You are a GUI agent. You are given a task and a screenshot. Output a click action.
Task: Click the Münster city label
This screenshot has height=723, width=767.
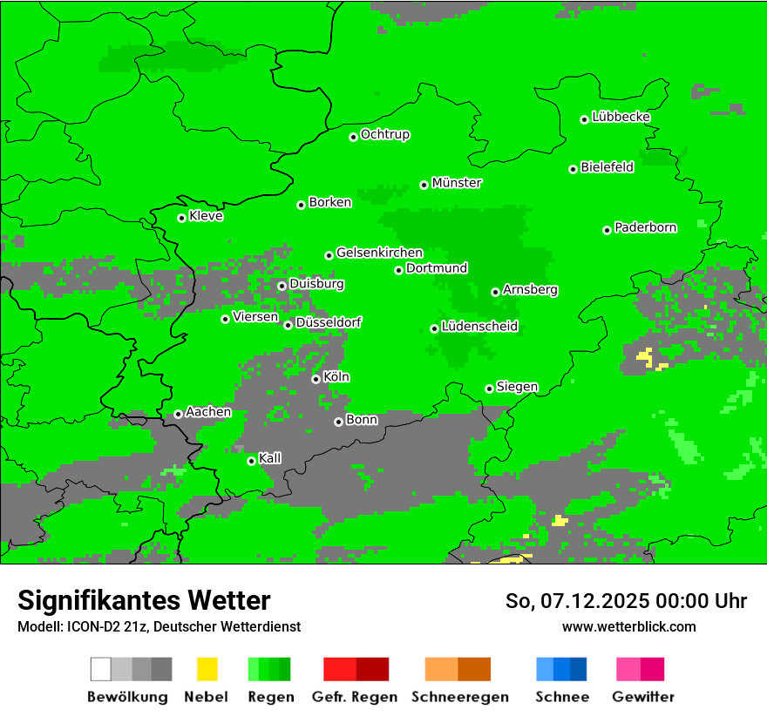pos(457,183)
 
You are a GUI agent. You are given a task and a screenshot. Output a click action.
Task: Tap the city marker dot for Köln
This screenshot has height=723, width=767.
pos(316,379)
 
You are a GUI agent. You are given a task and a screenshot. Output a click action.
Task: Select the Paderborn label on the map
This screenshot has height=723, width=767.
pos(646,227)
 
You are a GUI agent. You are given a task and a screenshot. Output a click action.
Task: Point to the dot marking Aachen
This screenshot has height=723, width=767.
pos(179,414)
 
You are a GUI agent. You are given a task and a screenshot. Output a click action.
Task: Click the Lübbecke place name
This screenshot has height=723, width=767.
pos(621,117)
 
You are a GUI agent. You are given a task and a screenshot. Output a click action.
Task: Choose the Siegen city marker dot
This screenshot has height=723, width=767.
pos(490,389)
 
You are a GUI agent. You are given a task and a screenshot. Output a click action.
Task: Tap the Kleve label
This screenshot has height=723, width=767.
pos(207,216)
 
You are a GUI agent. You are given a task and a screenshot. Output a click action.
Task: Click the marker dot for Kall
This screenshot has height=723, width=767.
pos(252,461)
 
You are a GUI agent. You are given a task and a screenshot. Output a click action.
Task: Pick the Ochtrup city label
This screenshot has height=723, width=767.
pos(385,134)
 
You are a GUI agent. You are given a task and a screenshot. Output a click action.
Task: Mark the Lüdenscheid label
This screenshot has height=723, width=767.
pos(480,327)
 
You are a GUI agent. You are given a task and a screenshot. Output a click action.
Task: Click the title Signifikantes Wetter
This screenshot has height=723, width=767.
pos(144,600)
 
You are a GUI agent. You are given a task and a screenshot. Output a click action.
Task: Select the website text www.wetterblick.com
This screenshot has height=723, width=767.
pos(629,626)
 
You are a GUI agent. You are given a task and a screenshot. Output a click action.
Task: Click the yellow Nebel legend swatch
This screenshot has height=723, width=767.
pos(207,669)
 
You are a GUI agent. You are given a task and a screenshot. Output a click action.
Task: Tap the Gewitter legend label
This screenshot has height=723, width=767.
pos(643,697)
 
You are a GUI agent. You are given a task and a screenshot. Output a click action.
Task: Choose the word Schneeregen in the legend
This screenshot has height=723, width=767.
pos(460,697)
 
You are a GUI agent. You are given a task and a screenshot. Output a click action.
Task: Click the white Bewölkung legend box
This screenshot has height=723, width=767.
pos(101,669)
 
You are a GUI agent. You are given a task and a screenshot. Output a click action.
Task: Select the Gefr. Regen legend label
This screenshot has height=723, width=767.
pos(355,697)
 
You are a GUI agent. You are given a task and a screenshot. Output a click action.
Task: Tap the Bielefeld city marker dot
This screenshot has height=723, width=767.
pos(574,169)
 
